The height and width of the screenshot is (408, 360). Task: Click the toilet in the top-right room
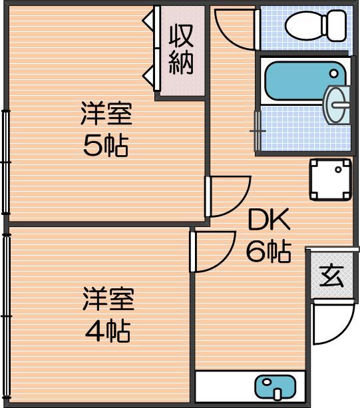(x=315, y=25)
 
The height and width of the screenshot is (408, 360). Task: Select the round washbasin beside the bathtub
(x=336, y=104)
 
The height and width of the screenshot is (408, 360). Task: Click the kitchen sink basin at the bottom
(x=275, y=388)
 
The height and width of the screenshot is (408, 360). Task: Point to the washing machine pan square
(x=330, y=179)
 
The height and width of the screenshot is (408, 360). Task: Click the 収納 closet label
(x=181, y=49)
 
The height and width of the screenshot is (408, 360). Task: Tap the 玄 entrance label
(x=331, y=276)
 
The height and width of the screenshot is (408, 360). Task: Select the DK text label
(x=269, y=219)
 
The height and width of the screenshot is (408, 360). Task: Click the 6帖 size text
(x=268, y=252)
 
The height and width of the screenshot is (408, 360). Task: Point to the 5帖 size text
(x=106, y=145)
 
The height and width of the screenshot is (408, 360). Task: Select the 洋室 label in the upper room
(x=106, y=113)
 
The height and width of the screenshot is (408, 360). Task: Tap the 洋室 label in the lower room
(x=108, y=299)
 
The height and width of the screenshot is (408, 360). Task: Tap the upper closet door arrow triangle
(x=149, y=20)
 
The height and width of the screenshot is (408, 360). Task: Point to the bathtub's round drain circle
(x=334, y=73)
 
